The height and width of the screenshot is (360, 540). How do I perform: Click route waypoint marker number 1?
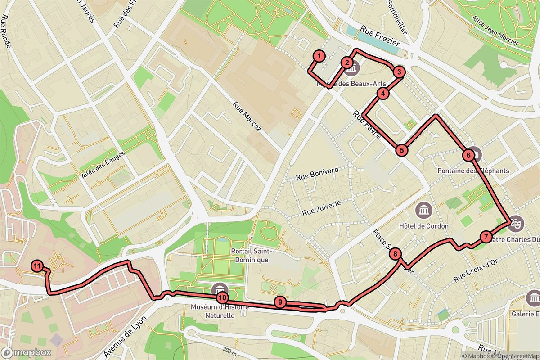pos(318,56)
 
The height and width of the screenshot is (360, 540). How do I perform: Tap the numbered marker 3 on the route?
pos(399,72)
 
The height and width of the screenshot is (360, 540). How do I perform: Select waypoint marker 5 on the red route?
pos(402,150)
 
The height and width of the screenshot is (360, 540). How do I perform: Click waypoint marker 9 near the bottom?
pos(280,302)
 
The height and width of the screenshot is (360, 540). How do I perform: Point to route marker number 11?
pos(37,266)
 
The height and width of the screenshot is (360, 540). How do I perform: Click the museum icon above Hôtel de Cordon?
pos(424,209)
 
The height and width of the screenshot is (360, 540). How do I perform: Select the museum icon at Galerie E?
pos(534,297)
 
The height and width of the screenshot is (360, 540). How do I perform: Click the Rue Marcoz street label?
pos(247,117)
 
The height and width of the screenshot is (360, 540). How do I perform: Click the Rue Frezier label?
pos(380,36)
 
